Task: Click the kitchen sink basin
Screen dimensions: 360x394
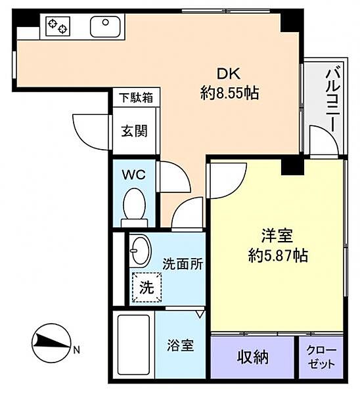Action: [x=105, y=27]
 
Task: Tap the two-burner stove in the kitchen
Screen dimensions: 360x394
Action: [x=58, y=26]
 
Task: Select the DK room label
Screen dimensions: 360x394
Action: [x=229, y=74]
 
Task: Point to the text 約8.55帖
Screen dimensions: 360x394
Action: [x=229, y=93]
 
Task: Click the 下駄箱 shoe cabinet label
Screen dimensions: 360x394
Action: [x=136, y=97]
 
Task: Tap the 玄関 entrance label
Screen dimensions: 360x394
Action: [x=134, y=131]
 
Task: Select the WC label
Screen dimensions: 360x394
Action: [x=134, y=175]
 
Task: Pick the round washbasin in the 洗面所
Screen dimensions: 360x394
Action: [x=141, y=251]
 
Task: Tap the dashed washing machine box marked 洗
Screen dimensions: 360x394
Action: [x=146, y=287]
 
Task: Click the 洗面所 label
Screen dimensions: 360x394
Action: [x=183, y=263]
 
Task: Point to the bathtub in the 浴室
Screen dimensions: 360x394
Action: [x=134, y=344]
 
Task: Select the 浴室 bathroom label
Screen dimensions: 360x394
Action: [x=181, y=345]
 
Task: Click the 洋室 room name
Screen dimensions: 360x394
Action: [x=277, y=236]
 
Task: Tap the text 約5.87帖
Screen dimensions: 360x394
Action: [x=278, y=255]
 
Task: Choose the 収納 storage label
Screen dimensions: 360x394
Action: [x=253, y=357]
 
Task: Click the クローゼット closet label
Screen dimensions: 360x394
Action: [x=321, y=357]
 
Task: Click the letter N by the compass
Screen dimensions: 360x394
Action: [x=76, y=350]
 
